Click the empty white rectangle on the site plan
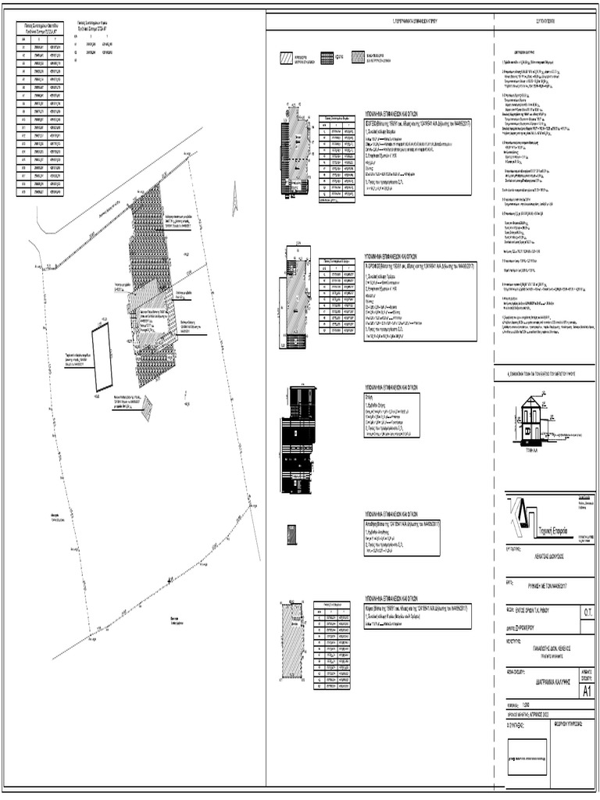pyautogui.click(x=102, y=359)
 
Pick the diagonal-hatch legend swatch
pyautogui.click(x=295, y=57)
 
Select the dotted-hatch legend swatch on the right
pyautogui.click(x=359, y=57)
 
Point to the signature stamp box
pyautogui.click(x=527, y=756)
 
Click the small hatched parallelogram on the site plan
pyautogui.click(x=147, y=409)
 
